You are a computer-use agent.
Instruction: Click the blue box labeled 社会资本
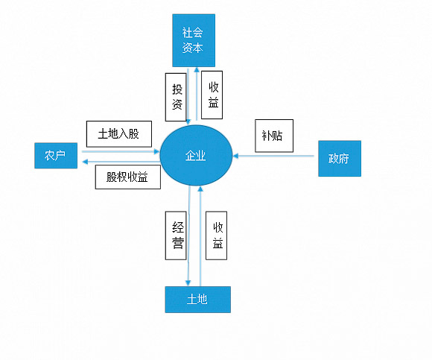click(194, 40)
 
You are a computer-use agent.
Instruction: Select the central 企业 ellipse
click(196, 155)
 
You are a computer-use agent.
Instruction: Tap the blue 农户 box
click(56, 156)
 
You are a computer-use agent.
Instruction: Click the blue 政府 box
click(340, 159)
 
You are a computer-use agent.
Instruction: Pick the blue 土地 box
click(198, 300)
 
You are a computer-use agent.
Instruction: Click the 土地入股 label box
click(119, 134)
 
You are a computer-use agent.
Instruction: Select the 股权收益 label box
click(128, 177)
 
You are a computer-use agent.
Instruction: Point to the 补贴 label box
click(274, 136)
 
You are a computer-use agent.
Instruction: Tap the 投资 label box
click(176, 97)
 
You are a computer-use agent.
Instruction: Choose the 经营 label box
click(176, 236)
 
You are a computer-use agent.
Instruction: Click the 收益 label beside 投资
click(212, 95)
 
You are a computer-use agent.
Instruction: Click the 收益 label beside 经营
click(216, 236)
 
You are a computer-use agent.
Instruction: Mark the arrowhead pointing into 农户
click(85, 162)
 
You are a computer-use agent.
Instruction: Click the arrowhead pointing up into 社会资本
click(197, 69)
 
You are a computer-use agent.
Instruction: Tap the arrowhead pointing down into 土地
click(188, 283)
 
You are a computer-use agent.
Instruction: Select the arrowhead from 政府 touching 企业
click(235, 156)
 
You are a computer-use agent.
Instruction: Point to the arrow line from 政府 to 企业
click(273, 156)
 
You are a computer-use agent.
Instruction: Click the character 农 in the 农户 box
click(50, 156)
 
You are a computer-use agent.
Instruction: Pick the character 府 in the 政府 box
click(344, 159)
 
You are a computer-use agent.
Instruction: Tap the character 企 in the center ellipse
click(191, 156)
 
